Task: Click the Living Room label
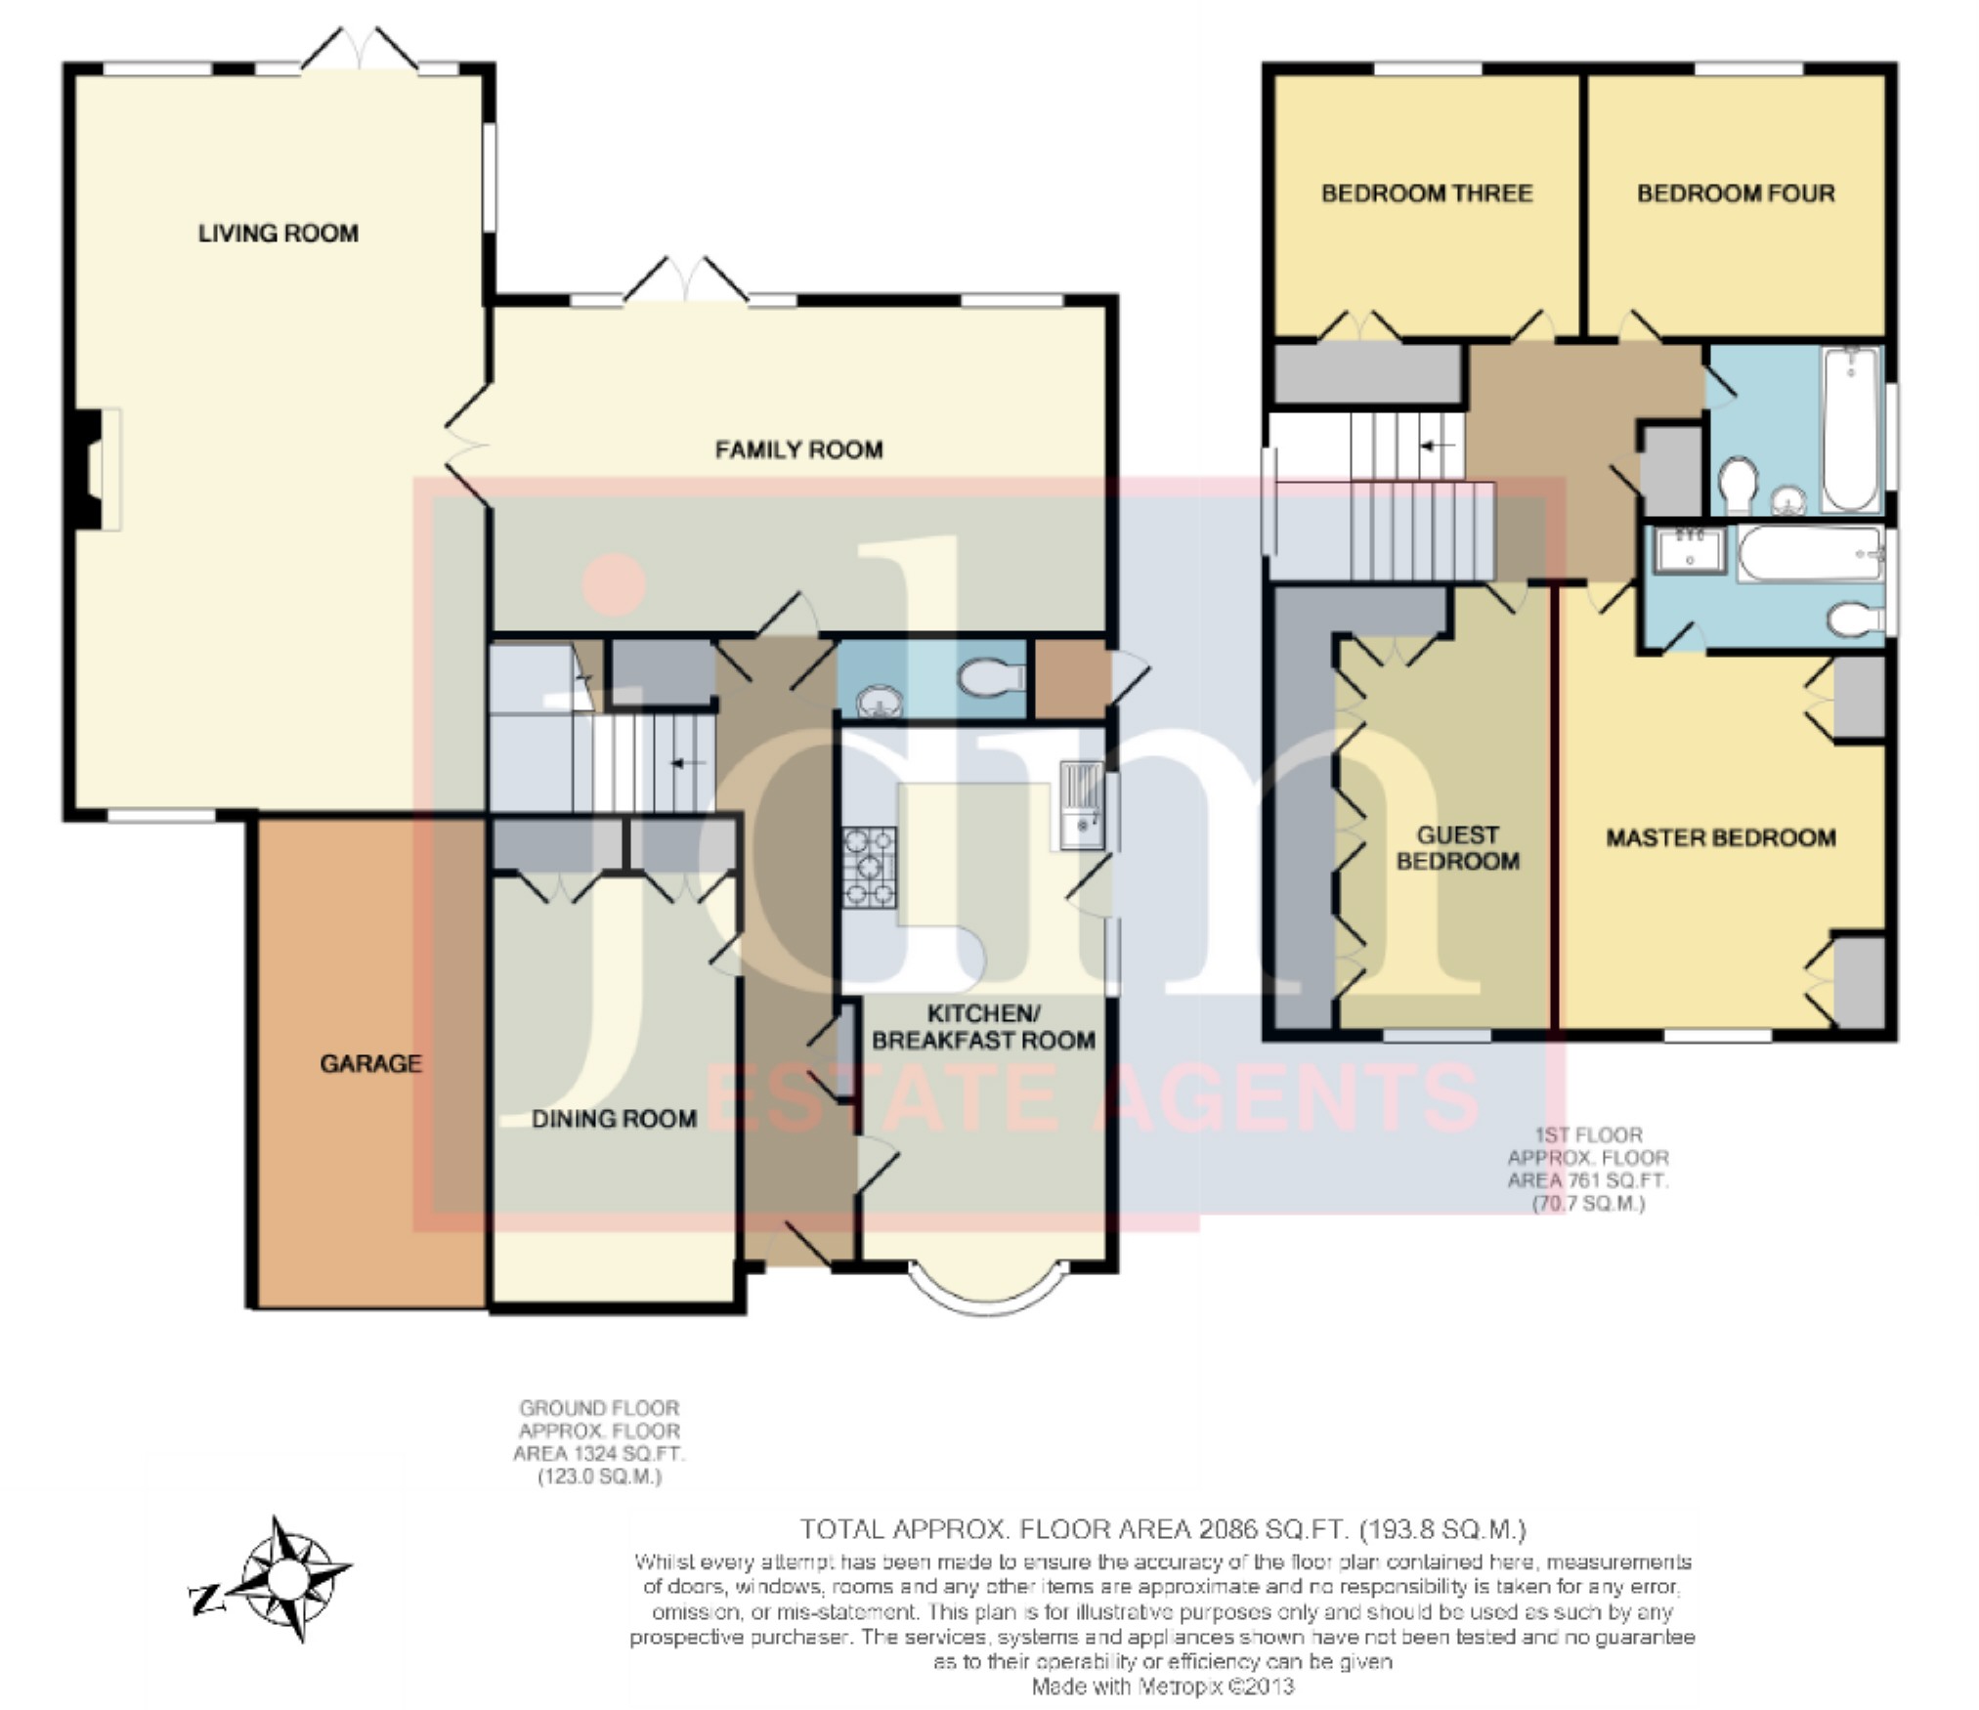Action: point(279,234)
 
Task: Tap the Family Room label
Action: point(799,449)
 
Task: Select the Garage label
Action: point(371,1063)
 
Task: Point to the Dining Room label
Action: point(614,1119)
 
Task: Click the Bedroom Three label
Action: point(1427,193)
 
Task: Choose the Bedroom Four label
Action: point(1737,193)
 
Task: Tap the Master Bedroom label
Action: point(1721,837)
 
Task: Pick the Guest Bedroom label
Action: point(1458,848)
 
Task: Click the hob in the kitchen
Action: point(870,868)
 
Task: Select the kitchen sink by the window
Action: point(1081,805)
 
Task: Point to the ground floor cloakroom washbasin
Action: point(880,701)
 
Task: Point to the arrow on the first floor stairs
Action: point(1437,446)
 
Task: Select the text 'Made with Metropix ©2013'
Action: point(1163,1687)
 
